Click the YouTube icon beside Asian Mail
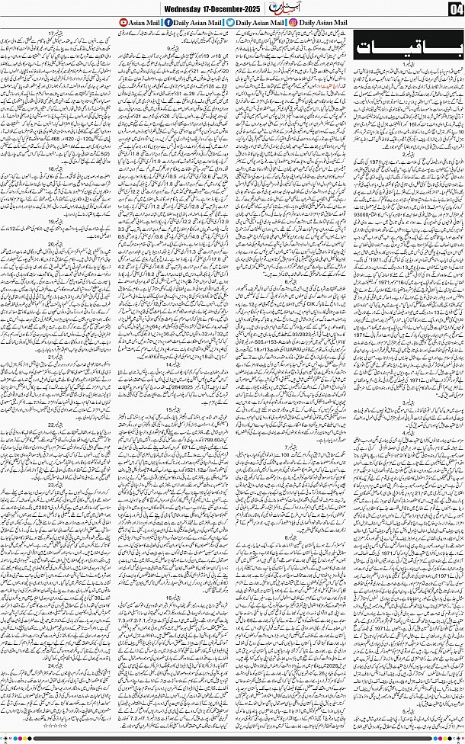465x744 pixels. pos(124,22)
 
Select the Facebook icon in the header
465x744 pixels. pos(168,22)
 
